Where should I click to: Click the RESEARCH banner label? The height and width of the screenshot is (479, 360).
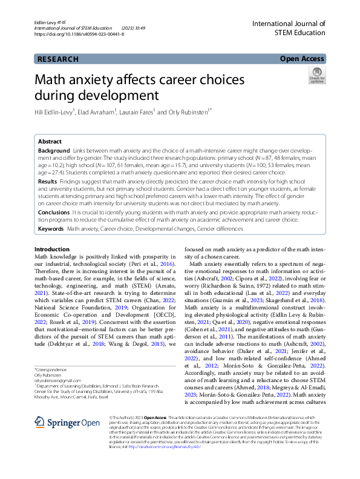pyautogui.click(x=58, y=59)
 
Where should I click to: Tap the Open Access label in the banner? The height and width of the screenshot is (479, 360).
pyautogui.click(x=302, y=59)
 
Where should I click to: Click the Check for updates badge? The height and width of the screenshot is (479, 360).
pyautogui.click(x=316, y=76)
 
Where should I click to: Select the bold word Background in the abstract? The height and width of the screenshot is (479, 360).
pyautogui.click(x=54, y=150)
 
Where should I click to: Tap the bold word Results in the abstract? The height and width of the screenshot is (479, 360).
pyautogui.click(x=48, y=181)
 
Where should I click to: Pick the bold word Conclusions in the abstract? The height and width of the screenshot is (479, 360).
pyautogui.click(x=54, y=213)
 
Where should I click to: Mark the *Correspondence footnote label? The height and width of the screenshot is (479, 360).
pyautogui.click(x=50, y=369)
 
